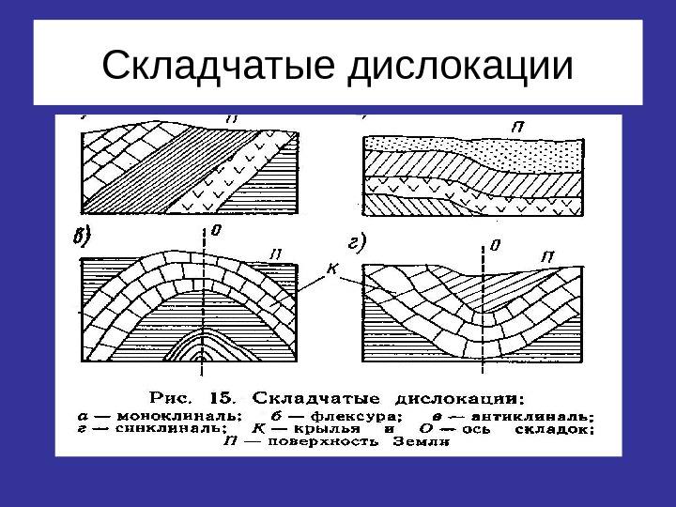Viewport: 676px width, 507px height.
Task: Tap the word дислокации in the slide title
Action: (460, 66)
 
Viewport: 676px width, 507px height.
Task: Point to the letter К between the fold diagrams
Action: (330, 269)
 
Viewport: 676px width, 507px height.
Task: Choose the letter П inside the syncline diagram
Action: (547, 254)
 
